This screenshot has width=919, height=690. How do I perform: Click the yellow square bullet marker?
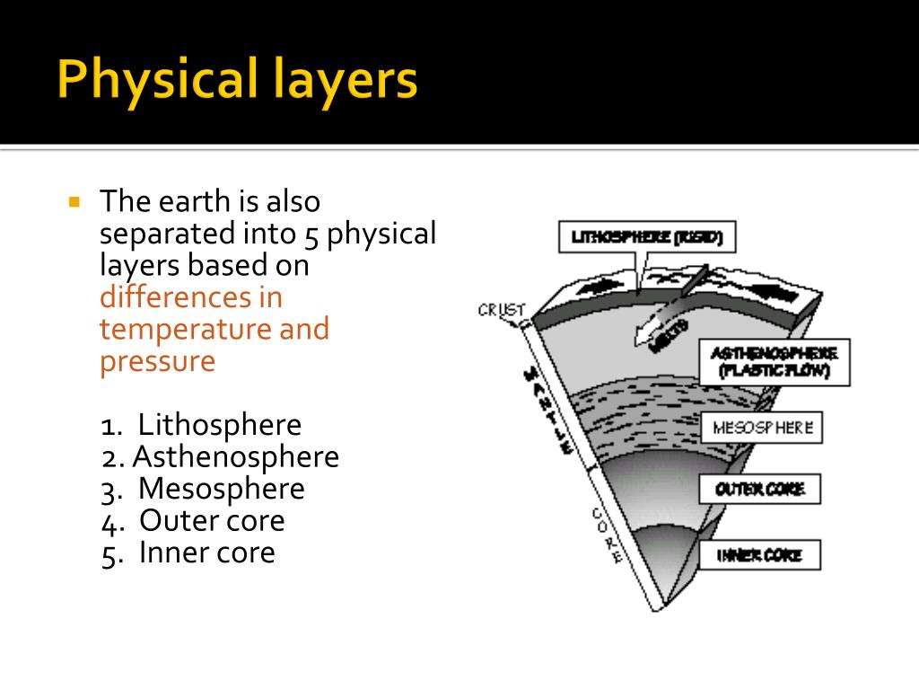(74, 201)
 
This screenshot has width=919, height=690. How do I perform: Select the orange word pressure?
(157, 361)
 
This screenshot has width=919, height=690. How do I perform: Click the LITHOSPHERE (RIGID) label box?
(647, 238)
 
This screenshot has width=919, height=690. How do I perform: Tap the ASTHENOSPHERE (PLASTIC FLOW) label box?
(774, 362)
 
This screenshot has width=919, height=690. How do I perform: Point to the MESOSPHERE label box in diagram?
(762, 428)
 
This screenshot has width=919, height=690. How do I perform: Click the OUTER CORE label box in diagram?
(760, 490)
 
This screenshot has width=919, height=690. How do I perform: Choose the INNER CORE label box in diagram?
(760, 556)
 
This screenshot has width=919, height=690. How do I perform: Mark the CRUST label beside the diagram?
(501, 310)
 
